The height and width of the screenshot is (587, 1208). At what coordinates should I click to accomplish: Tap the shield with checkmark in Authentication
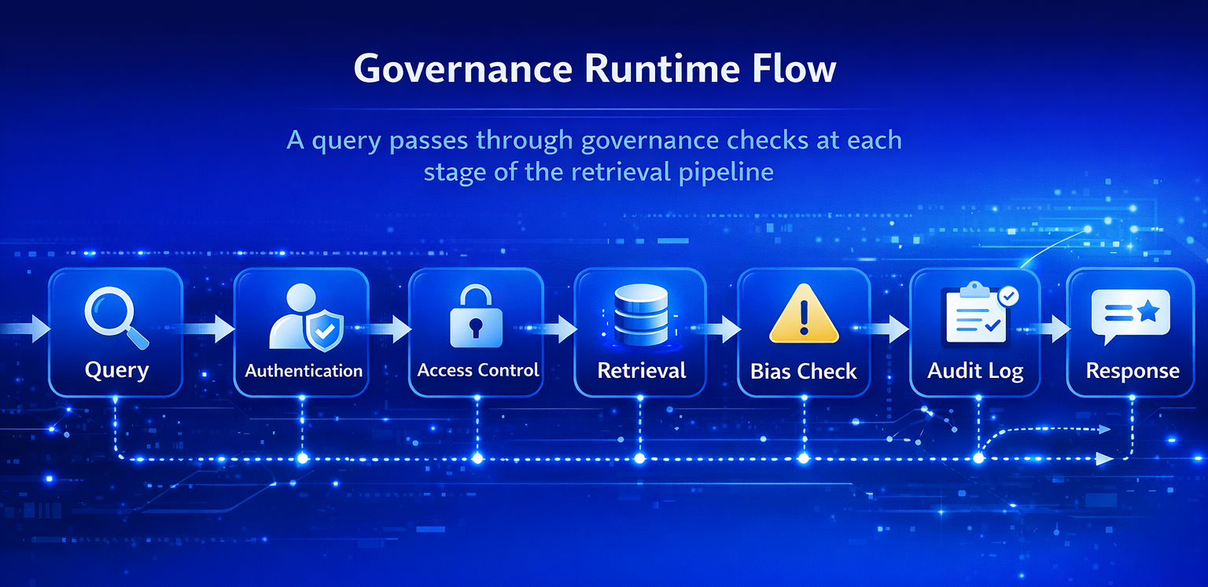click(x=323, y=330)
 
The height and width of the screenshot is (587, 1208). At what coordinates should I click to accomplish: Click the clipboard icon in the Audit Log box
click(x=973, y=314)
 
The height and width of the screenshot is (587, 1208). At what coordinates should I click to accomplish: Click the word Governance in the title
click(x=462, y=69)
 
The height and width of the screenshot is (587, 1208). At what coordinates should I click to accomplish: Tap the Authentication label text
click(x=304, y=370)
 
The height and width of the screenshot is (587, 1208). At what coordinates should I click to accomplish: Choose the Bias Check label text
click(x=803, y=371)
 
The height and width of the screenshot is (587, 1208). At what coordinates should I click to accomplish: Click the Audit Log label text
click(x=975, y=371)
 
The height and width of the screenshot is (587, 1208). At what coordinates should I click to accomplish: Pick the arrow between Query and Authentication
click(x=208, y=328)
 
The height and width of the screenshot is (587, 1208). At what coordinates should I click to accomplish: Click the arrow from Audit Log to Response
click(x=1053, y=328)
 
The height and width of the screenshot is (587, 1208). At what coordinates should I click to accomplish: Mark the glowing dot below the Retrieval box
click(x=639, y=458)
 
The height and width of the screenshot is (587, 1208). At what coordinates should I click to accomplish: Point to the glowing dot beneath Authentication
click(x=302, y=458)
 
